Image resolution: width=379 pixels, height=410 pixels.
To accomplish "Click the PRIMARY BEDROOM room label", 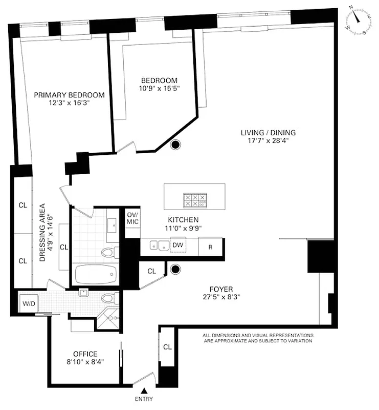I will coord(69,95).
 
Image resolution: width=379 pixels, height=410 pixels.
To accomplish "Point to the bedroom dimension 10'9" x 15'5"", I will coord(159,89).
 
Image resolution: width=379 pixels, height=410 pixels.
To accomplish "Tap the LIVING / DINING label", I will coord(268,132).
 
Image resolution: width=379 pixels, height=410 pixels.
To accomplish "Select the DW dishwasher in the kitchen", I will coord(177,245).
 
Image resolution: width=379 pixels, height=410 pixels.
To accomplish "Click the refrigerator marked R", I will coord(210,246).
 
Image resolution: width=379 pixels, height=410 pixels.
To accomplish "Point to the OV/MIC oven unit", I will coord(133,218).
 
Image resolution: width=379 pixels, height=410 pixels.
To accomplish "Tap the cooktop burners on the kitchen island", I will coord(195,200).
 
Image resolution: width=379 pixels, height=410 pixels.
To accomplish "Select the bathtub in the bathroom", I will coord(96,274).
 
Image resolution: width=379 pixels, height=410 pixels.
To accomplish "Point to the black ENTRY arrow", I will coord(144,391).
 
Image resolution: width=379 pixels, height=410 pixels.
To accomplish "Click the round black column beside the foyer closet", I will coord(175,269).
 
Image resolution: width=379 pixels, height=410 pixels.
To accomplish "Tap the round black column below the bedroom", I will coord(175,145).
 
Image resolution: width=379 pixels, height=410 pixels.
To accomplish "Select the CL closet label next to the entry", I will coord(167,347).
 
